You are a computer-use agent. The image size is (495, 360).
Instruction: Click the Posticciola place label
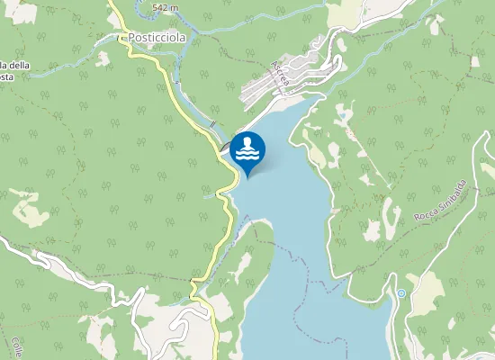pos(157,39)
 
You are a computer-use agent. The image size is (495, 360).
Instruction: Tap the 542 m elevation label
pos(165,7)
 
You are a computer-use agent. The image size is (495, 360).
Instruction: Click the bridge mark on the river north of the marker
pos(211,122)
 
